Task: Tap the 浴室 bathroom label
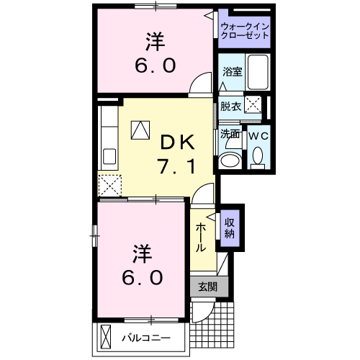coord(231,73)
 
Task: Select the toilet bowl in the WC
coord(258,156)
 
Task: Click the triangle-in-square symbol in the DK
coord(139,130)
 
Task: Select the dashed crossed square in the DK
coord(110,186)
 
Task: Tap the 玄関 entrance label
coord(207,286)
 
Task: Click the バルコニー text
coord(145,337)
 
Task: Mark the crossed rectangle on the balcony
coord(107,336)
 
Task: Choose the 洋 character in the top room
coord(153,42)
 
